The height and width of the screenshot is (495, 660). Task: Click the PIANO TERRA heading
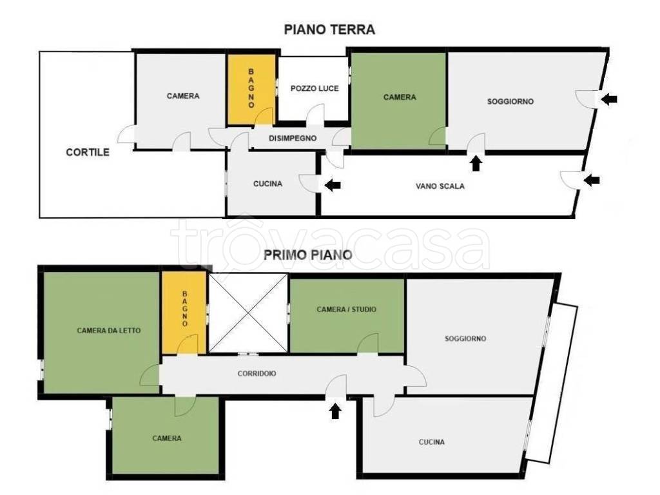point(329,30)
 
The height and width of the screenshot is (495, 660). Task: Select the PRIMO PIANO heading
point(307,255)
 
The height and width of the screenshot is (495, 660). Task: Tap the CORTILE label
point(88,152)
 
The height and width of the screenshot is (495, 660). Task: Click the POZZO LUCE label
point(315,88)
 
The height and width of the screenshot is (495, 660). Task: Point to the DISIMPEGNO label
point(293,138)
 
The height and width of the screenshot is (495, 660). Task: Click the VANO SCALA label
point(440,186)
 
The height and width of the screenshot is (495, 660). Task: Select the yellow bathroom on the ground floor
point(252,89)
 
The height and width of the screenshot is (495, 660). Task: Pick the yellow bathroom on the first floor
point(184,313)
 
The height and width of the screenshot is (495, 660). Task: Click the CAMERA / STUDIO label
point(346,309)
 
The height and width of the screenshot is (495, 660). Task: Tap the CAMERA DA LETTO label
point(108,331)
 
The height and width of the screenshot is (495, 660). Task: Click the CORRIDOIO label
point(257,373)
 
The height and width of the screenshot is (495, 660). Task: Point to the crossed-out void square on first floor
point(248,313)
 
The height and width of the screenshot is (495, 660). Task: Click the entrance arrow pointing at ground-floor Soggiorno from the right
point(609,99)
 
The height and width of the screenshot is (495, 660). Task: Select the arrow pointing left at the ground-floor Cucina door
point(333,184)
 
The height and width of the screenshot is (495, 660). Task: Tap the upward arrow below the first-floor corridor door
point(335,411)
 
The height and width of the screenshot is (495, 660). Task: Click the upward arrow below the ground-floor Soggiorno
point(476,163)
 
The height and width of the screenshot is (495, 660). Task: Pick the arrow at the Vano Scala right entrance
point(592,180)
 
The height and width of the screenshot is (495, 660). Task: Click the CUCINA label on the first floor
point(431,442)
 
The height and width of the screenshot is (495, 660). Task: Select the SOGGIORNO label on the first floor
point(465,338)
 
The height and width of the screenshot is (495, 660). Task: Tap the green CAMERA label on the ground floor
point(400,97)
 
